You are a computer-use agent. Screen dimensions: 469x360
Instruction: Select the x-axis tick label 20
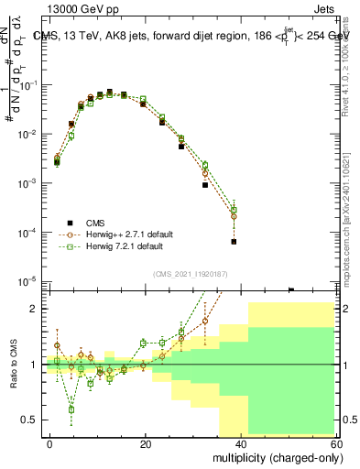146,442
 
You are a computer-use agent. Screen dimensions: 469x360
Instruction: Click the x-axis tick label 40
241,442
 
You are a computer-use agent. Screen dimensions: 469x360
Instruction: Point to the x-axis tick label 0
50,442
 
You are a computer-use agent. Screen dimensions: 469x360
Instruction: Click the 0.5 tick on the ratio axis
32,420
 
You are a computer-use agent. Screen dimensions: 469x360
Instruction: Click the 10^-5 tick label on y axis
27,281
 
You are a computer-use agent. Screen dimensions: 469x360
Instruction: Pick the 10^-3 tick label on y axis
27,183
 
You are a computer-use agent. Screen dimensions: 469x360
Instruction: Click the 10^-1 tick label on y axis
27,85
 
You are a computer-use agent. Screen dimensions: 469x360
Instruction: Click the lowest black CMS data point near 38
234,242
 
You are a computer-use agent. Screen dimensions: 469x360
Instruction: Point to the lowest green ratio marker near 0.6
71,409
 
